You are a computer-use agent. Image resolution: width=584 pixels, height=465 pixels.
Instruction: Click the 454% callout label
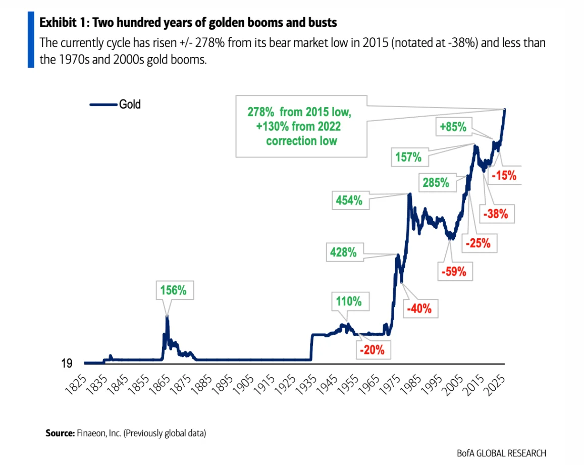pos(349,200)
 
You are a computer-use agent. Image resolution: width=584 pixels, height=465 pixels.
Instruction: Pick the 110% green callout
pos(349,301)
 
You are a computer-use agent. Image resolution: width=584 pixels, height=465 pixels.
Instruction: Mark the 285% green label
pos(436,183)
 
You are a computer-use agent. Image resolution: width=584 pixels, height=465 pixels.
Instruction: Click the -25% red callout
pos(478,243)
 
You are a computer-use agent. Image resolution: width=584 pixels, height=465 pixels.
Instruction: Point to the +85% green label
pos(452,127)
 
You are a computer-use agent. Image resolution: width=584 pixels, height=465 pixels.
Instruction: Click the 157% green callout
pos(408,157)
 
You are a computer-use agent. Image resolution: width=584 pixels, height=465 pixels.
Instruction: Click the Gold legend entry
pos(130,105)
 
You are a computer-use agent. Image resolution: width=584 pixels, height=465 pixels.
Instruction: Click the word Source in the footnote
pos(60,433)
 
